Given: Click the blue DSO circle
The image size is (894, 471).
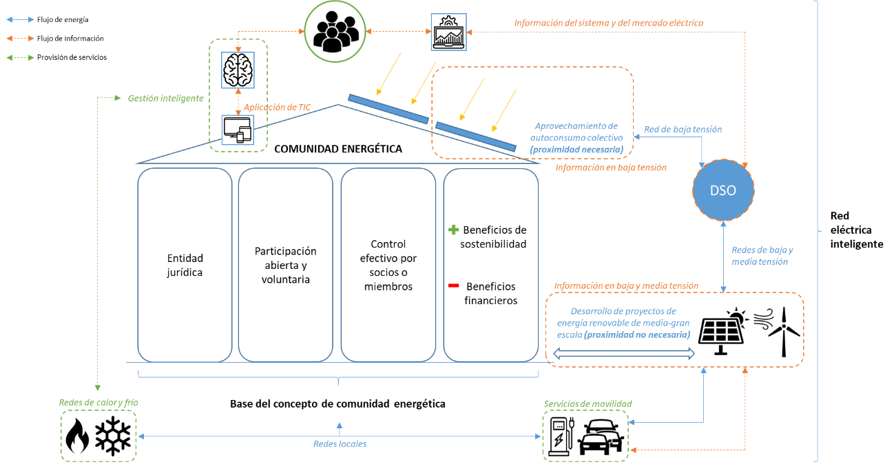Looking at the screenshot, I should [x=723, y=190].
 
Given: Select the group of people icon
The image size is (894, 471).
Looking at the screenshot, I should [x=334, y=32].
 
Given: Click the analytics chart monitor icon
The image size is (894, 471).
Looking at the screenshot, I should [x=448, y=32].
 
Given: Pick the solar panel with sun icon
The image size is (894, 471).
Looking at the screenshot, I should [x=722, y=331].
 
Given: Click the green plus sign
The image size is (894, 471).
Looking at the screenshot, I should [x=454, y=230].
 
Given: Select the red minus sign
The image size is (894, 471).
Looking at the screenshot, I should [x=454, y=285].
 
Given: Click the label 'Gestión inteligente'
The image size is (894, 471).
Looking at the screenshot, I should [x=165, y=99].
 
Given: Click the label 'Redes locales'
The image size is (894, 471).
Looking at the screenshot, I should [x=340, y=444].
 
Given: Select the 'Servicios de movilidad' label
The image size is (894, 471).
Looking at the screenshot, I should [x=588, y=404].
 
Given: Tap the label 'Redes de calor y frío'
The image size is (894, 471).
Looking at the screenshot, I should [x=94, y=402].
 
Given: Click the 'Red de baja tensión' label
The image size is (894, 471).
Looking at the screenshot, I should [x=683, y=129].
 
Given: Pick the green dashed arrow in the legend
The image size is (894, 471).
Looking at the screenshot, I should [x=20, y=58].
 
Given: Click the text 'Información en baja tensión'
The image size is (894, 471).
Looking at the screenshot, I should [x=610, y=168].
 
